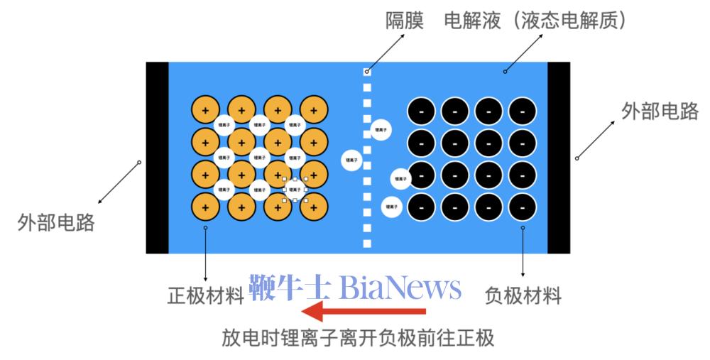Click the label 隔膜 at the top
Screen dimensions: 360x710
click(x=404, y=21)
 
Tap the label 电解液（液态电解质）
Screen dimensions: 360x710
click(x=535, y=21)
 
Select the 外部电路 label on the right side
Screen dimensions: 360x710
click(x=660, y=111)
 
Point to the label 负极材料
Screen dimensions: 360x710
click(x=523, y=295)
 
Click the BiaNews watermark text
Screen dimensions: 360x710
click(x=355, y=288)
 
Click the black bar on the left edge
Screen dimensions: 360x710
click(x=157, y=158)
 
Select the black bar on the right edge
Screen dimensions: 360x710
click(x=559, y=158)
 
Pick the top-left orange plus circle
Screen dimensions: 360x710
click(x=205, y=110)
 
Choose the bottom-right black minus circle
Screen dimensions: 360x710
click(x=523, y=207)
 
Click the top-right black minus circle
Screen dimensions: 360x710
click(x=523, y=111)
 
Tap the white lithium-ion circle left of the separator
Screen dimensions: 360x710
click(x=352, y=160)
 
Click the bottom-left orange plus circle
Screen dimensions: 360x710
click(x=205, y=207)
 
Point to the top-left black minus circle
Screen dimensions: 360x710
click(x=421, y=111)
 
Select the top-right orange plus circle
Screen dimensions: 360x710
click(x=314, y=110)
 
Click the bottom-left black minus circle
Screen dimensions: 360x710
click(x=421, y=207)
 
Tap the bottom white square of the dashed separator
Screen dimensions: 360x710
click(x=367, y=244)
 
